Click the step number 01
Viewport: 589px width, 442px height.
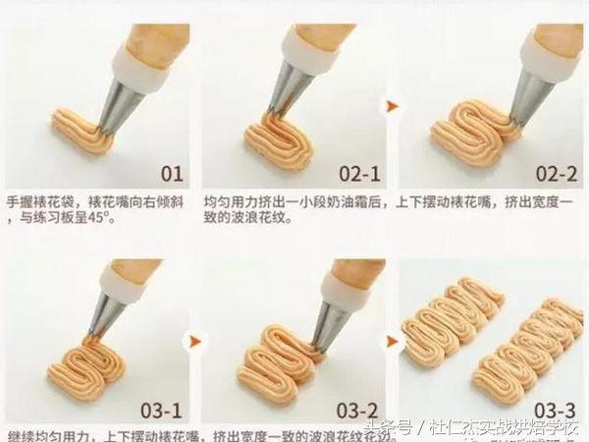coord(171,174)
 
